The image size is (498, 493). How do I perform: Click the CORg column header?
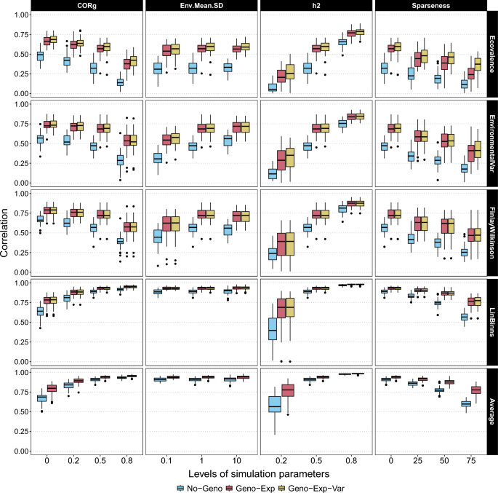tap(87, 6)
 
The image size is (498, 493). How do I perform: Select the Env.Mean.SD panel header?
tap(201, 6)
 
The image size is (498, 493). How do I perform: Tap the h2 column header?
tap(316, 6)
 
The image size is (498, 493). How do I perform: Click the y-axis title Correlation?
tap(7, 232)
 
